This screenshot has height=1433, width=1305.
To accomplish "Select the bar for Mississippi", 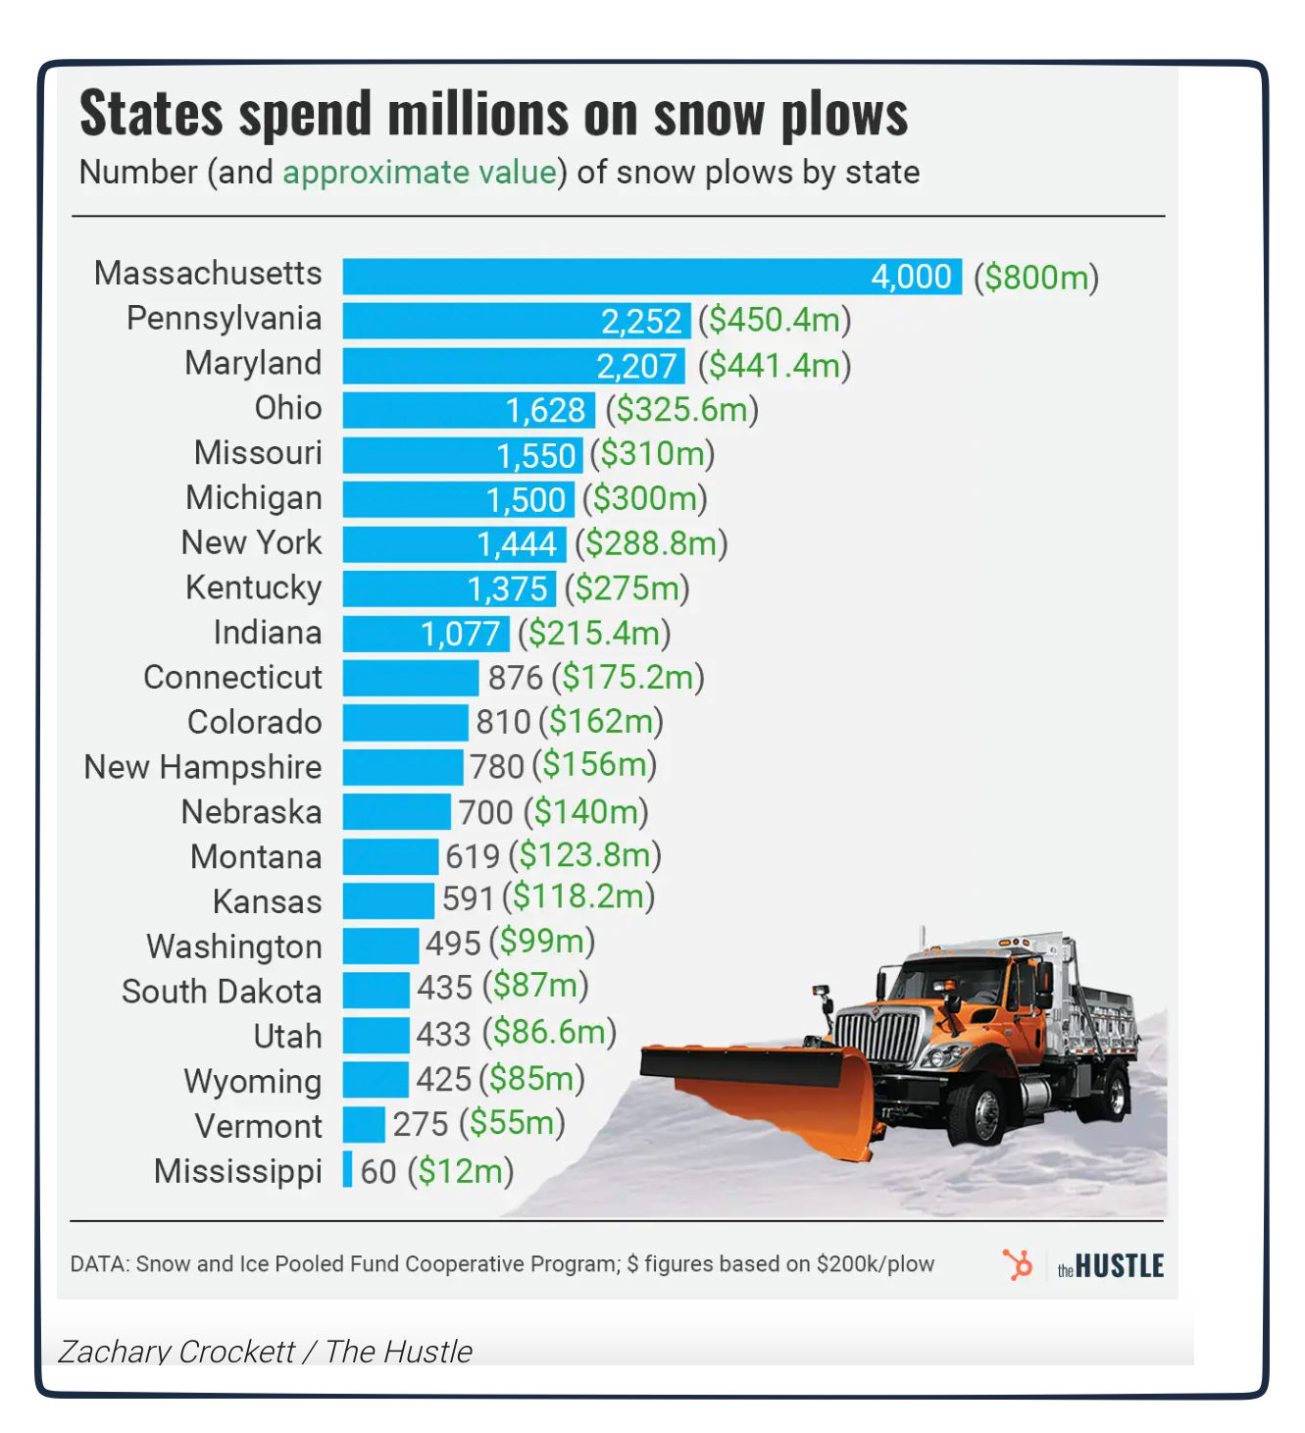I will pos(348,1169).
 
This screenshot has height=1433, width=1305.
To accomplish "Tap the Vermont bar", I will pos(364,1124).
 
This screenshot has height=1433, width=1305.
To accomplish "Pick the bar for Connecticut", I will pos(411,677).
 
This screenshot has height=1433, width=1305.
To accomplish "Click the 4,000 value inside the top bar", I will pos(911,277).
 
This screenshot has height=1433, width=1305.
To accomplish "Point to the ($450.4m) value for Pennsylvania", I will pos(775,320).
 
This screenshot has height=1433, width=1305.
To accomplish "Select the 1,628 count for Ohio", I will pos(545,410).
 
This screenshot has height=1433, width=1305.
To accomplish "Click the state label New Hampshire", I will pos(203,767).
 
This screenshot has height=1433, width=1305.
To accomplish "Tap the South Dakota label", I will pos(222,992).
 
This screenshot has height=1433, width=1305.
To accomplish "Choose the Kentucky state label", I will pos(254,588).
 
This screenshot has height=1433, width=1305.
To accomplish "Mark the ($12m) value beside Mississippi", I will pos(461,1171).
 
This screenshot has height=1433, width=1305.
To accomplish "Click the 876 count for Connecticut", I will pos(515,678).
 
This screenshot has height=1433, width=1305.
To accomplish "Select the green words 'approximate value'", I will pos(420,173).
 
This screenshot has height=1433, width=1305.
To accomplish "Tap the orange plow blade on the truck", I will pos(775,1089).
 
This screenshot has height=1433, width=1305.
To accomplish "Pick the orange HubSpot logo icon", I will pos(1018,1264).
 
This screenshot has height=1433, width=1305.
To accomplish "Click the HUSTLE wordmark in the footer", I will pos(1119,1266).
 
